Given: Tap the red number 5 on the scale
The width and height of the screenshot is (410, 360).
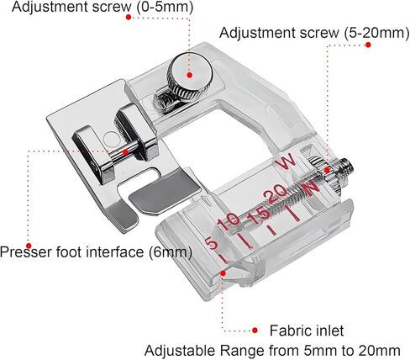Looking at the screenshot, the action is coord(212,243).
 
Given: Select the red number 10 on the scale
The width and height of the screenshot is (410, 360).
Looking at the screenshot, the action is coord(229,222).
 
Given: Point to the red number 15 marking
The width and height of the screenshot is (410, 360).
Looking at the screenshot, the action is coord(260,215).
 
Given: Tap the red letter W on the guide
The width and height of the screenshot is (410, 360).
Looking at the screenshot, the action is coord(285,161).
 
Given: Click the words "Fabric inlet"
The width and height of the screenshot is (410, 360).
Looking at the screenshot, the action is coord(307,331).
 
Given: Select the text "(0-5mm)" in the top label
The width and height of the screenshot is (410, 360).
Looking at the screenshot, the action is coord(165,7).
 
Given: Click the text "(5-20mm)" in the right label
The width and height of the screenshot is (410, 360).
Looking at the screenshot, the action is coord(376,33).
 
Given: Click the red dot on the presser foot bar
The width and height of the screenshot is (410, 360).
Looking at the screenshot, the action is coord(125,152).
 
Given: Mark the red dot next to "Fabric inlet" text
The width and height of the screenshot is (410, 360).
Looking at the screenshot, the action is coord(255,331).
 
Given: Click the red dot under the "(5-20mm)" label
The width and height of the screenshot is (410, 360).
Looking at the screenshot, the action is coord(368,45).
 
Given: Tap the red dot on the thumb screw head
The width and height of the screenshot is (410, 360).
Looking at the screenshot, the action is coord(190,75).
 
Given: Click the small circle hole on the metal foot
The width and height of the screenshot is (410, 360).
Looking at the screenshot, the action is coord(112,138).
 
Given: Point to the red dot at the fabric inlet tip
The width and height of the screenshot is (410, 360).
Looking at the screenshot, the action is coord(223,273).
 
